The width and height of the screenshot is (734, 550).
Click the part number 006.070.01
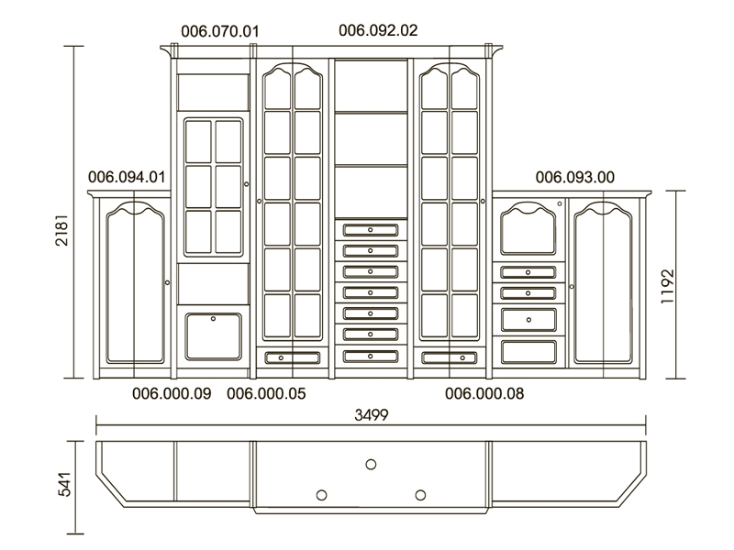[219, 31]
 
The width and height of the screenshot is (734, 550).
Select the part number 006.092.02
[378, 30]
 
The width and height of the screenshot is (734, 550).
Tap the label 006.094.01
[127, 177]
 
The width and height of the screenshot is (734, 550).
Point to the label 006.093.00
[575, 177]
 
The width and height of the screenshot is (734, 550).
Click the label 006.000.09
[172, 394]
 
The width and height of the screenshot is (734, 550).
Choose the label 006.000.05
[266, 394]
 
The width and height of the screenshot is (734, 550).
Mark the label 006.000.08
[484, 394]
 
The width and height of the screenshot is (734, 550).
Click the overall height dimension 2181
[61, 230]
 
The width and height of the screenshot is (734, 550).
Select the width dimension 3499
[372, 415]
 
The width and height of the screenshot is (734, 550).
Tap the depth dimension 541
[64, 485]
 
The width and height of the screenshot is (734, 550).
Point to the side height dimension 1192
[667, 286]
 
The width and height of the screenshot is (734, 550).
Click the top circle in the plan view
[371, 465]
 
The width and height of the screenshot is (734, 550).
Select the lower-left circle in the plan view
[322, 495]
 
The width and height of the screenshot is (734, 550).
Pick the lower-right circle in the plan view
[420, 495]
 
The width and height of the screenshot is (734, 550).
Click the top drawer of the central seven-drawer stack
[371, 230]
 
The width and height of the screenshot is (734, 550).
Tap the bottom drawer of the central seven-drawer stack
[371, 357]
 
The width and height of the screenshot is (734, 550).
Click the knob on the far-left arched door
[167, 282]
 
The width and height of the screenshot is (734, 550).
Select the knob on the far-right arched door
[572, 286]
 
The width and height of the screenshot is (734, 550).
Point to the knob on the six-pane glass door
[247, 184]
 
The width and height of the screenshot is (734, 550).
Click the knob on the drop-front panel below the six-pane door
[213, 318]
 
